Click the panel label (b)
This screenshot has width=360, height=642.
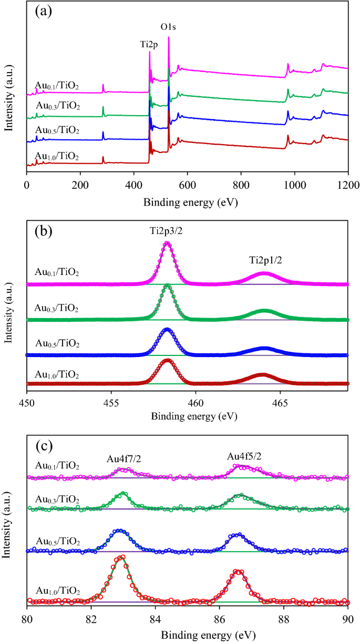tap(43, 231)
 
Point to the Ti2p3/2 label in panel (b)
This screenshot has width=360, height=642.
tap(168, 232)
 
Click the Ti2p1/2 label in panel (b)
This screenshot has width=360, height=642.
tap(265, 260)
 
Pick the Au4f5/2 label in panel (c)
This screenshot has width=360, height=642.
tap(244, 455)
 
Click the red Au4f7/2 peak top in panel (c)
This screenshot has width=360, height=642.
tap(122, 557)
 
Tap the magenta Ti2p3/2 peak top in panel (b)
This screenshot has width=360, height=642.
tap(167, 243)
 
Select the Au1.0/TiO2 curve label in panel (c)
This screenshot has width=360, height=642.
tap(57, 591)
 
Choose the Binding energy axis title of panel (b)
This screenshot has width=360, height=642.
tap(187, 416)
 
